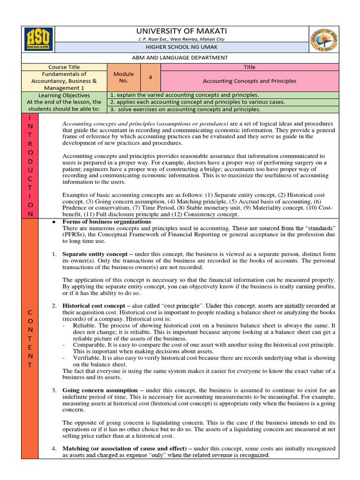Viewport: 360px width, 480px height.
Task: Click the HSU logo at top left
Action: (x=39, y=39)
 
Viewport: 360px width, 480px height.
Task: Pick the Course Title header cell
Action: (x=64, y=67)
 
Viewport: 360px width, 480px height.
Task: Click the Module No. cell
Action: (x=124, y=77)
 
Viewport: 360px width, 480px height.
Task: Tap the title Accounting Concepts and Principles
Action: (x=249, y=81)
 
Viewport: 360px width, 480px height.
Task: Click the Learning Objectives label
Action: (x=64, y=95)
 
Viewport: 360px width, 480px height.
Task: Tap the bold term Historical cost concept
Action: (x=94, y=306)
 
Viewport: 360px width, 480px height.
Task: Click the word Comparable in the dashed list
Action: (x=89, y=345)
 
